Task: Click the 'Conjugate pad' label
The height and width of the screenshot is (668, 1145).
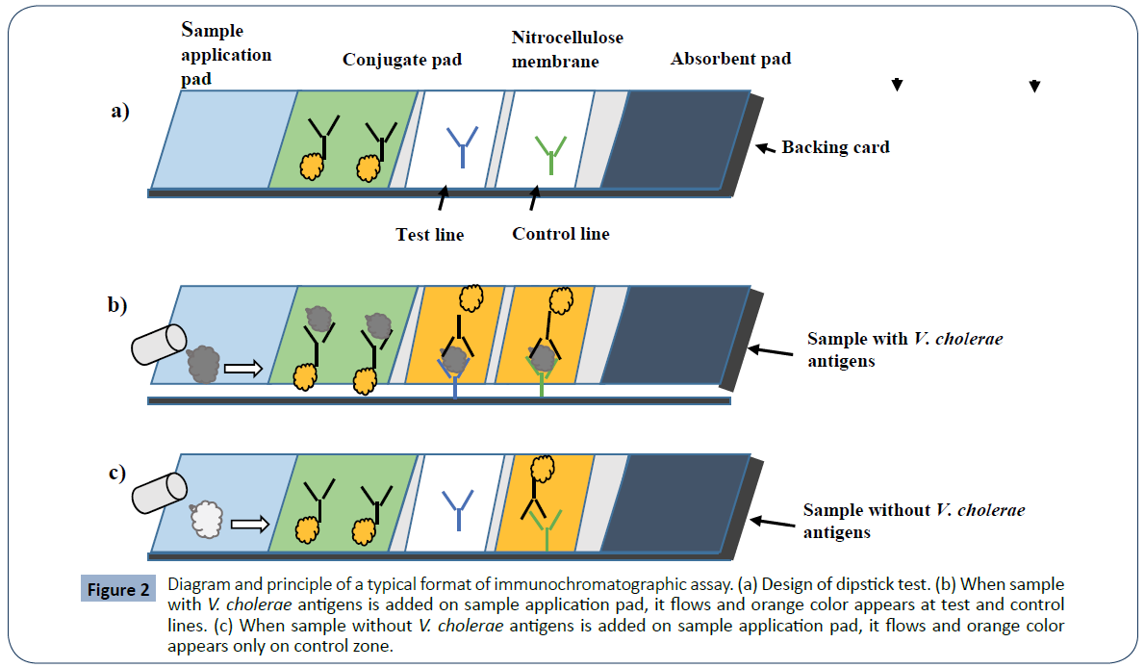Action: click(402, 60)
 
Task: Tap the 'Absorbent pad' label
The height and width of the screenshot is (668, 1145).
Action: click(730, 59)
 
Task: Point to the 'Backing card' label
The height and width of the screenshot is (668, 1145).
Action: click(835, 147)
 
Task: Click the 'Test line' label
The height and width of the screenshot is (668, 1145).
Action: click(429, 234)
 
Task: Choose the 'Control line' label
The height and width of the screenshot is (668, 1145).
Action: click(560, 234)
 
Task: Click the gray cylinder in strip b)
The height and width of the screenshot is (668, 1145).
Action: click(159, 345)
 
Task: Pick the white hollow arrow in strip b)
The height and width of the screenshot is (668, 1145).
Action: click(242, 368)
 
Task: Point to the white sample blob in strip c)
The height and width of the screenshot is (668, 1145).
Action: click(207, 520)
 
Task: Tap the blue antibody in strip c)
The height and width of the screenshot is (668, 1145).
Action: click(457, 508)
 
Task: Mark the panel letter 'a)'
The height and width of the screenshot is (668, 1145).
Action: click(119, 111)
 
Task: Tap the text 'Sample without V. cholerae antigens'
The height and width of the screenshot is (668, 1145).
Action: click(913, 520)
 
